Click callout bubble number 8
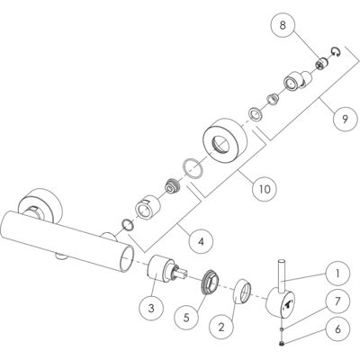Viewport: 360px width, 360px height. (x=283, y=25)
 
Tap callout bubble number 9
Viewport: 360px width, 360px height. (x=345, y=119)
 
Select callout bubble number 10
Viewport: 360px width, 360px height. (x=265, y=189)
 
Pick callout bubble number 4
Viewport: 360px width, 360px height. (x=201, y=241)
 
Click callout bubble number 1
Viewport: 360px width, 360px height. (x=337, y=274)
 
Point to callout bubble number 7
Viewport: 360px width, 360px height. (x=337, y=301)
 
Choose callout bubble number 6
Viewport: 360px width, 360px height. (x=337, y=329)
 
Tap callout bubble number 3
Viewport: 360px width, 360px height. (x=151, y=308)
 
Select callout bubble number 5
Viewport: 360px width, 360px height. (x=186, y=318)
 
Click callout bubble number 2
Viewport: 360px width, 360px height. (x=221, y=327)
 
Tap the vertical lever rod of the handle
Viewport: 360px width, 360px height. (x=283, y=275)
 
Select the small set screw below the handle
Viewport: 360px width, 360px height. (x=282, y=343)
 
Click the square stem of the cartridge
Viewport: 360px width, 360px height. (x=181, y=274)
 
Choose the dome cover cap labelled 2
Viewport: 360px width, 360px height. (x=242, y=292)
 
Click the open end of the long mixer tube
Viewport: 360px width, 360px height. (x=127, y=258)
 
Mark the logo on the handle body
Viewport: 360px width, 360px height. (x=288, y=304)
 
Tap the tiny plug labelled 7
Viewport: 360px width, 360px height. (x=282, y=329)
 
